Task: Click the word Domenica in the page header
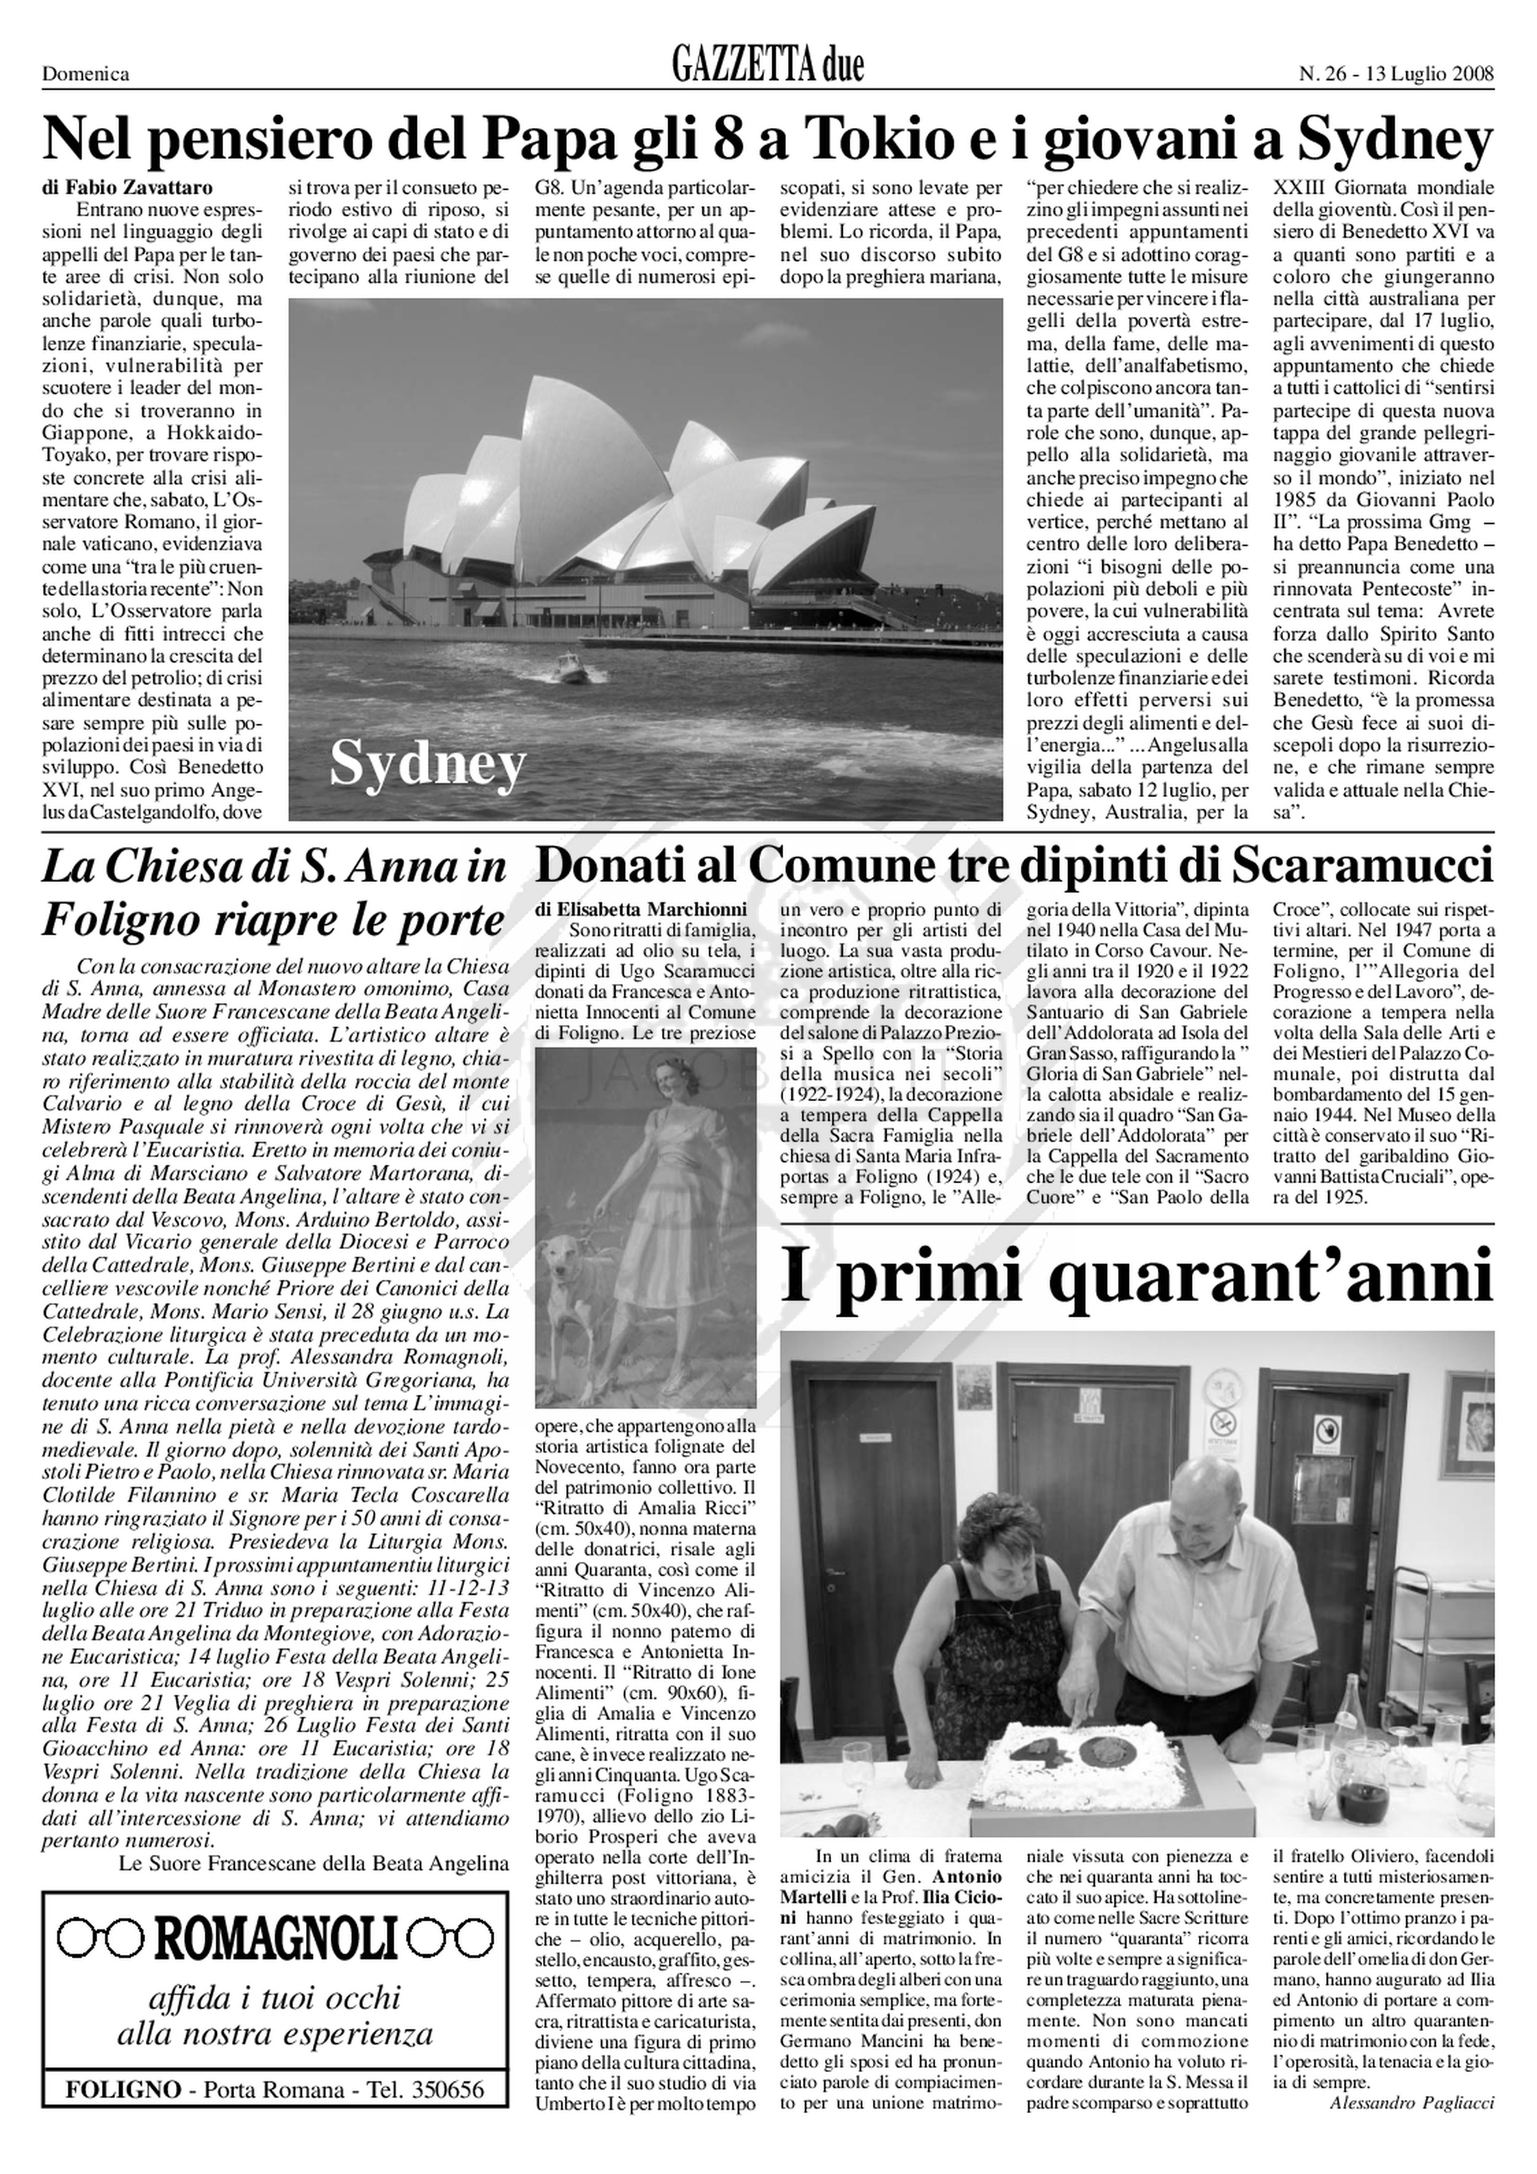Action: tap(86, 74)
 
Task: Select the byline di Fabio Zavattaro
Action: tap(128, 188)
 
